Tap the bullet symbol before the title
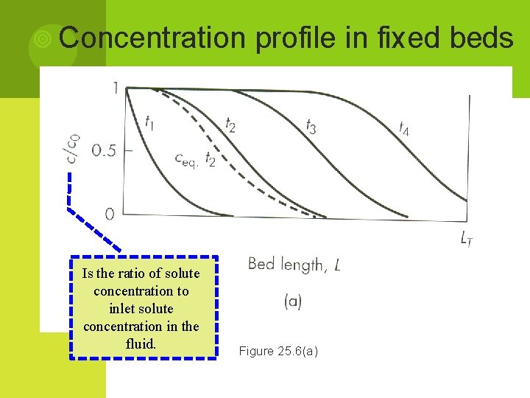(x=43, y=38)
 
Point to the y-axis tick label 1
(x=115, y=88)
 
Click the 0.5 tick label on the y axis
(x=104, y=151)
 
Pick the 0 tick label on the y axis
(x=110, y=214)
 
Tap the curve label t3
(x=311, y=126)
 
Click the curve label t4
(x=404, y=128)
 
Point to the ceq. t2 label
(x=195, y=159)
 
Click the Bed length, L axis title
(x=294, y=265)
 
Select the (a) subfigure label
(x=292, y=301)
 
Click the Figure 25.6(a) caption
(x=278, y=352)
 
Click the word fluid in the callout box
(x=141, y=343)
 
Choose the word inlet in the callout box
(x=125, y=309)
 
